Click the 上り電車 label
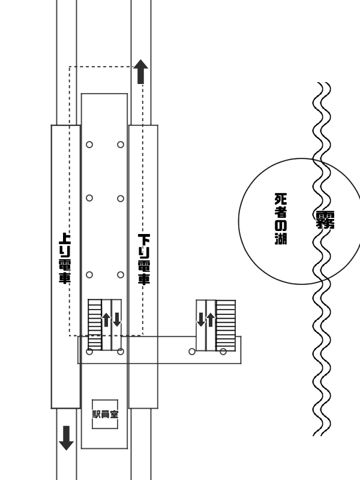coord(65,258)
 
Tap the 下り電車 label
coord(144,259)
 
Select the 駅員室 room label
coord(105,414)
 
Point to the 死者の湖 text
coord(281,218)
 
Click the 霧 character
coord(325,220)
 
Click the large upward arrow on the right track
coord(140,71)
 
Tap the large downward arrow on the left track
coord(66,438)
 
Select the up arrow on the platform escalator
coord(106,320)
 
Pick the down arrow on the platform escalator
coord(117,320)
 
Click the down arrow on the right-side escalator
coord(201,320)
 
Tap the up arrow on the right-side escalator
coord(211,320)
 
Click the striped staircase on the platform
coord(95,325)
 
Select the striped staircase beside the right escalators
coord(226,325)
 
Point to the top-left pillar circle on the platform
coord(89,145)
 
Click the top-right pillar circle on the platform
coord(121,145)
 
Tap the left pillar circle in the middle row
coord(89,198)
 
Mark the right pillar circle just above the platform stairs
coord(121,275)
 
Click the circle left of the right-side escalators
coord(192,352)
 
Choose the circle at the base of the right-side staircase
coord(223,352)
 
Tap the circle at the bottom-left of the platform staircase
coord(89,352)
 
